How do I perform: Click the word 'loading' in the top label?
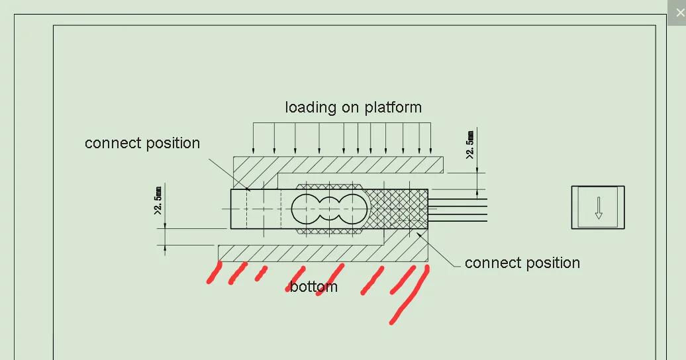tap(311, 108)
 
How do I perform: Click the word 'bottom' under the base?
tap(314, 287)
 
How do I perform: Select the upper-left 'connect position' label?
tap(142, 143)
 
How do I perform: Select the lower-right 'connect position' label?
tap(522, 263)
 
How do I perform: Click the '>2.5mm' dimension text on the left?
tap(158, 201)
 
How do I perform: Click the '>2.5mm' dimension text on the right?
tap(470, 145)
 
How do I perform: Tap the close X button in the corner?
tap(680, 13)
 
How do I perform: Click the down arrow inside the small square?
tap(599, 208)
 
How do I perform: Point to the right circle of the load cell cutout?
tap(353, 209)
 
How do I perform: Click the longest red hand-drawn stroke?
tap(409, 295)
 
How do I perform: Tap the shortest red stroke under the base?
tap(261, 273)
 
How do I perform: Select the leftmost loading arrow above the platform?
tap(253, 138)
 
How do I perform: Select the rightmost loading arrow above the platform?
tap(431, 138)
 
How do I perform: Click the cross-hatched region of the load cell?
tap(397, 209)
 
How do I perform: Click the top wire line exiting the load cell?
tap(458, 199)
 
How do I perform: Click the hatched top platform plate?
tap(338, 165)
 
